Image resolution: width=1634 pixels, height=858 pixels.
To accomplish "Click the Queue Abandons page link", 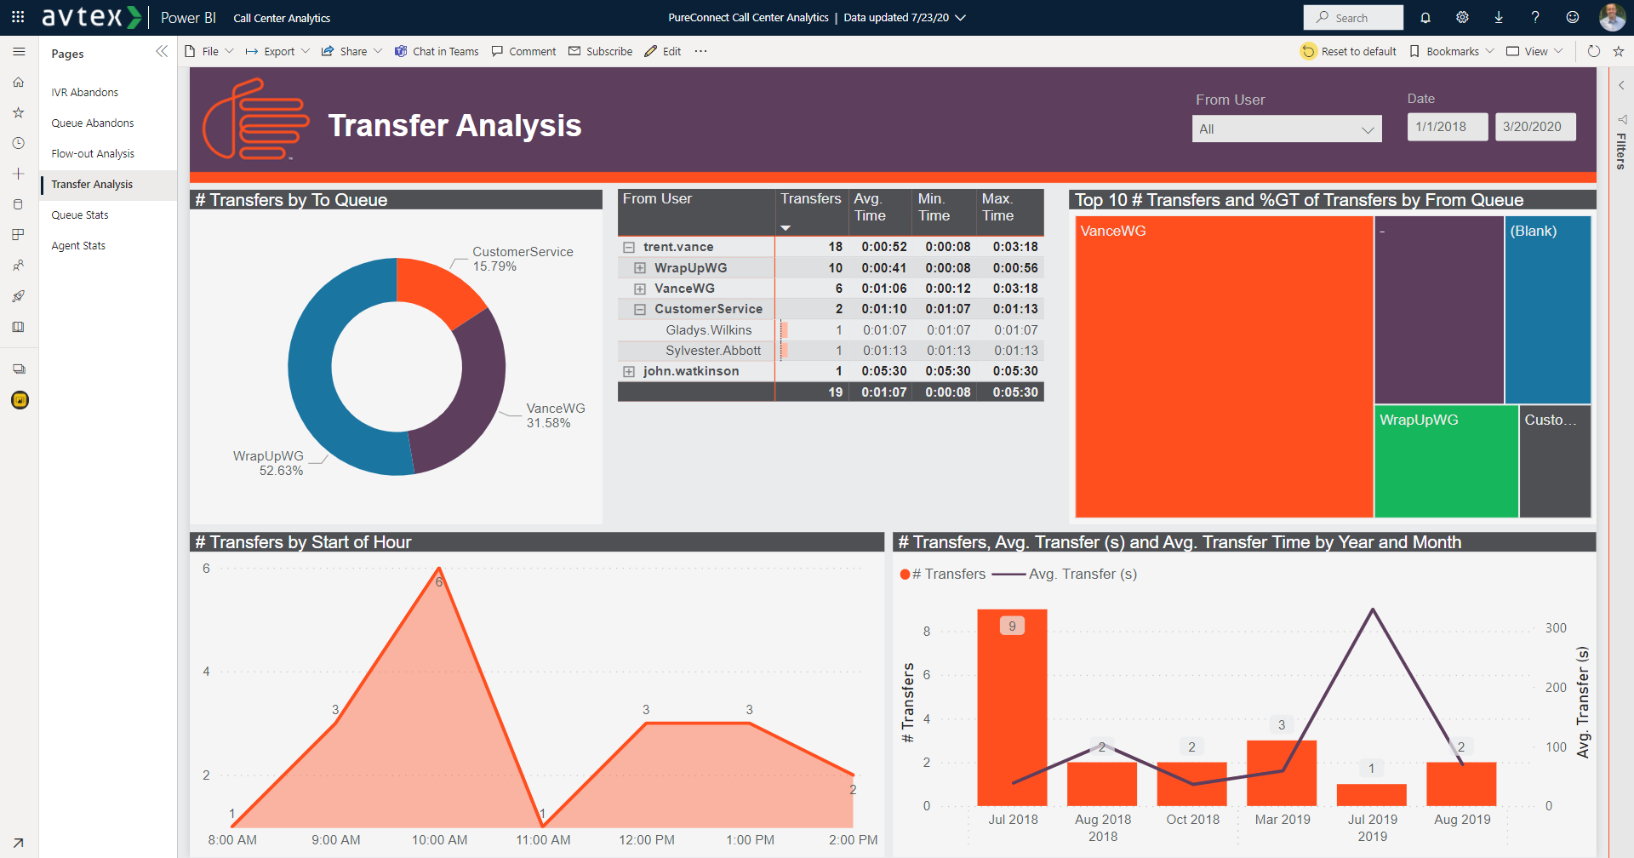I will pos(92,123).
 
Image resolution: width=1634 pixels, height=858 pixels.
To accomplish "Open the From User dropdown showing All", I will pos(1286,129).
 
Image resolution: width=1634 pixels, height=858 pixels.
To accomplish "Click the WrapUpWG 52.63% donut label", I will pos(269,463).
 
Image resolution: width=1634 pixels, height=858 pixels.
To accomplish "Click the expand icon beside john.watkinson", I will pos(629,372).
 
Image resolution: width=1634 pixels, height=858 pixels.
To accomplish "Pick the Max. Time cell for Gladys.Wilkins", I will pos(1015,330).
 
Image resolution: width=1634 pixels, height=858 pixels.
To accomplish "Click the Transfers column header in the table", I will pos(810,199).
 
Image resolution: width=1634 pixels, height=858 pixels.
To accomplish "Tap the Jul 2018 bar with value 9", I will pos(1012,707).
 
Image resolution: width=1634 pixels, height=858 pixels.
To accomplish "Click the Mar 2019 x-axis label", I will pos(1283,820).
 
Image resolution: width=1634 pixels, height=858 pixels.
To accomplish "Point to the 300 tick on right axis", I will pos(1556,628).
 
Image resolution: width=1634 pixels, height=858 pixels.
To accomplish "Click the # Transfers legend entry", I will pos(944,575).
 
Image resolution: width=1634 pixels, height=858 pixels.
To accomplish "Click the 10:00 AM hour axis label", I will pos(439,840).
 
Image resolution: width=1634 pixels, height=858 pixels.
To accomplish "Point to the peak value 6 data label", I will pos(439,582).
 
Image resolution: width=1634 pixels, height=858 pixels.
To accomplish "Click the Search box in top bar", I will pos(1353,18).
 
